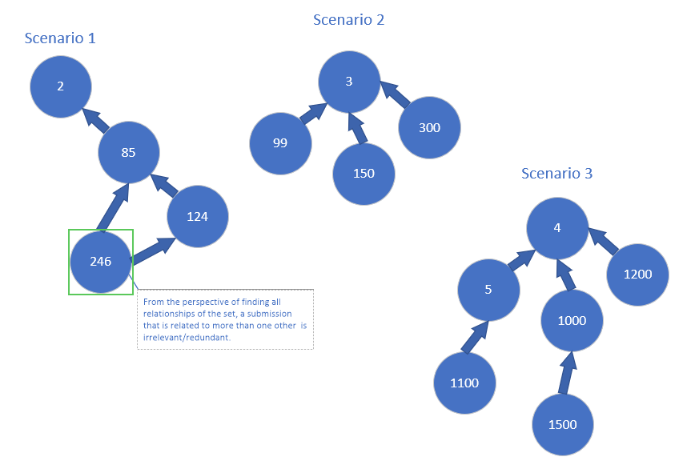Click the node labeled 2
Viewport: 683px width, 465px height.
tap(61, 86)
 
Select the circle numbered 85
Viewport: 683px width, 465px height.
tap(129, 152)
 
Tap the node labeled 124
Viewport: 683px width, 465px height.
tap(198, 216)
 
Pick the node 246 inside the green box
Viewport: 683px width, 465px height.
tap(101, 262)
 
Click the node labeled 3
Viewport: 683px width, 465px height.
tap(349, 81)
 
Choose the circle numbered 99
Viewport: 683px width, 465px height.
tap(280, 143)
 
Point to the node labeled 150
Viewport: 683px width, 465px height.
tap(364, 174)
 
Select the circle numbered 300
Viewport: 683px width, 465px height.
tap(429, 127)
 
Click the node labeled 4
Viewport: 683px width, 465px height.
tap(557, 226)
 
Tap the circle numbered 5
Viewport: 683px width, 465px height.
tap(488, 289)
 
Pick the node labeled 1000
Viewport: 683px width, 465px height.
tap(572, 320)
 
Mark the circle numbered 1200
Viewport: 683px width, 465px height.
tap(637, 274)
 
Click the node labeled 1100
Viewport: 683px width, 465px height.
tap(464, 383)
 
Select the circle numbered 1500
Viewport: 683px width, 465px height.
tap(563, 424)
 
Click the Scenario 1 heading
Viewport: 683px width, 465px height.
tap(60, 38)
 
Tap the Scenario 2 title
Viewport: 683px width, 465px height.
tap(348, 19)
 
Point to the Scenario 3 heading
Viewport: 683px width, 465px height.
tap(556, 173)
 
